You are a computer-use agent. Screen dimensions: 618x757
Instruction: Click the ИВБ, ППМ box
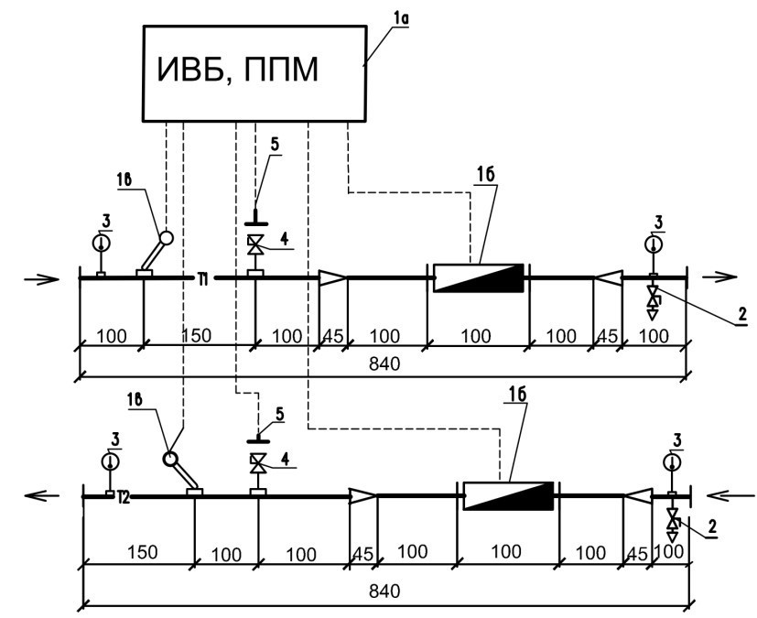pyautogui.click(x=253, y=71)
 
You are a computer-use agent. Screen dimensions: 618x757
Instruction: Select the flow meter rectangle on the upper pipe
pyautogui.click(x=477, y=277)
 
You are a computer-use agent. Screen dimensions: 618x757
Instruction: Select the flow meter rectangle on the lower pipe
pyautogui.click(x=509, y=495)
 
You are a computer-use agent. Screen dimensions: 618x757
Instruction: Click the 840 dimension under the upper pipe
pyautogui.click(x=384, y=364)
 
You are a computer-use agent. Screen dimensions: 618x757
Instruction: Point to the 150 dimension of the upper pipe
pyautogui.click(x=197, y=335)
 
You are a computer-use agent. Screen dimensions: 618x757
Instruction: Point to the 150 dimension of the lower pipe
pyautogui.click(x=143, y=553)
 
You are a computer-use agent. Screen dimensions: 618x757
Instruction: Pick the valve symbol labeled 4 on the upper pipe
pyautogui.click(x=255, y=245)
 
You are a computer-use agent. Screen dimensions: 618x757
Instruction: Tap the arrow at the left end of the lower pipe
pyautogui.click(x=44, y=495)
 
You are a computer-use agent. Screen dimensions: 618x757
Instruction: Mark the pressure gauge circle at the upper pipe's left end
pyautogui.click(x=102, y=244)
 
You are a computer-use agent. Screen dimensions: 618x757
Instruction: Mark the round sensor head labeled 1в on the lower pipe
pyautogui.click(x=171, y=459)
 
